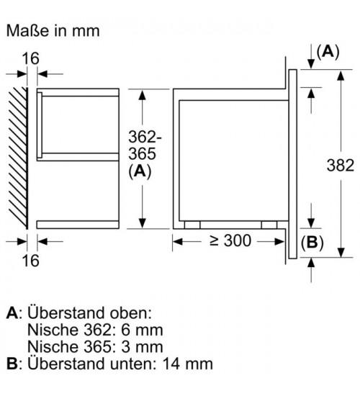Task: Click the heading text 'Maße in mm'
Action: (x=53, y=31)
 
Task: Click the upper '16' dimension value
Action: (x=30, y=58)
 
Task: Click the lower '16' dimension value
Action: (x=30, y=261)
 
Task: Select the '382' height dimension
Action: (x=341, y=166)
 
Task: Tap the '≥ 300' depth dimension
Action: (x=230, y=240)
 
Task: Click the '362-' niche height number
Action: (x=145, y=137)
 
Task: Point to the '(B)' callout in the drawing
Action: (x=312, y=243)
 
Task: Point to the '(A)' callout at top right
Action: (x=328, y=52)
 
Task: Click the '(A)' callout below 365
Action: (x=140, y=172)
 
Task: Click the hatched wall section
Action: (x=18, y=158)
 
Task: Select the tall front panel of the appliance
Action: (x=292, y=164)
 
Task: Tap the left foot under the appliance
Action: (x=192, y=225)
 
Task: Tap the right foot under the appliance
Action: (x=269, y=225)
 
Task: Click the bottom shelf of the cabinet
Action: (x=78, y=225)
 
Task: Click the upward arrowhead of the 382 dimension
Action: (x=341, y=76)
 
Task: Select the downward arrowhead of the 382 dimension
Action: (x=341, y=253)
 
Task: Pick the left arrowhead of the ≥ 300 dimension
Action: (x=178, y=242)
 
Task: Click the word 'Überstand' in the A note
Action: (x=66, y=312)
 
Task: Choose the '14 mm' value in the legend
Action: (x=187, y=364)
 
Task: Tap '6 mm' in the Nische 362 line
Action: (x=143, y=330)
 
